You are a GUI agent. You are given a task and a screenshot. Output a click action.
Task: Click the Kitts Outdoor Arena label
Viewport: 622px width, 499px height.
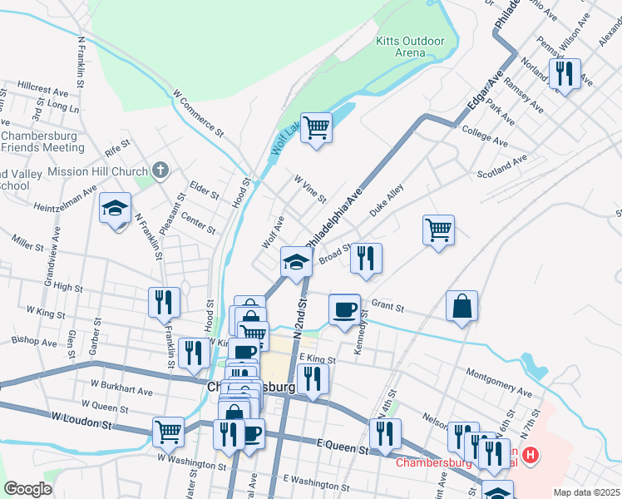pos(410,47)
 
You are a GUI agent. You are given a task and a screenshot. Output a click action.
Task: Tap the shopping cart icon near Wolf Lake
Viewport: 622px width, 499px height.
pos(316,128)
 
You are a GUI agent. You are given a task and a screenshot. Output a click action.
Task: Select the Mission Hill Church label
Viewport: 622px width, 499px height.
pos(98,171)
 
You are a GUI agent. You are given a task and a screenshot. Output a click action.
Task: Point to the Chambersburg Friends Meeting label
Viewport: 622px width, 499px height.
pos(43,141)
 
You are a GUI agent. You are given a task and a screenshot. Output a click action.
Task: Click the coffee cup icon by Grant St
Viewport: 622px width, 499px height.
pos(344,310)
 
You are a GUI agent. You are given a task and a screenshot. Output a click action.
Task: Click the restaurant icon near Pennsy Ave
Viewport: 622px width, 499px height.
pos(565,73)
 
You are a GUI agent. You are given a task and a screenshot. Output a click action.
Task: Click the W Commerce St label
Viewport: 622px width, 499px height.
pos(199,114)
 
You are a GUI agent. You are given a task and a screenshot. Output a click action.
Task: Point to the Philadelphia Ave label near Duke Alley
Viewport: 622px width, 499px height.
pos(334,215)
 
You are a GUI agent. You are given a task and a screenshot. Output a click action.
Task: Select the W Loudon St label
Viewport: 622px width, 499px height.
pos(81,419)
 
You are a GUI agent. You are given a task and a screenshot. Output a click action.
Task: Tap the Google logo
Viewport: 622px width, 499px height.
pos(27,489)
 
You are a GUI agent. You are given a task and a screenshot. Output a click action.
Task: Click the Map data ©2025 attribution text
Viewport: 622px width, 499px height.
pos(586,492)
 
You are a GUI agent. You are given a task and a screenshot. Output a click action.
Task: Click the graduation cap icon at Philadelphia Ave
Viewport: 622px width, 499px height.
pos(295,263)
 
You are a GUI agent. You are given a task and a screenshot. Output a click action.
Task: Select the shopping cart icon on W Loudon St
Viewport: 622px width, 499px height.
pos(168,431)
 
